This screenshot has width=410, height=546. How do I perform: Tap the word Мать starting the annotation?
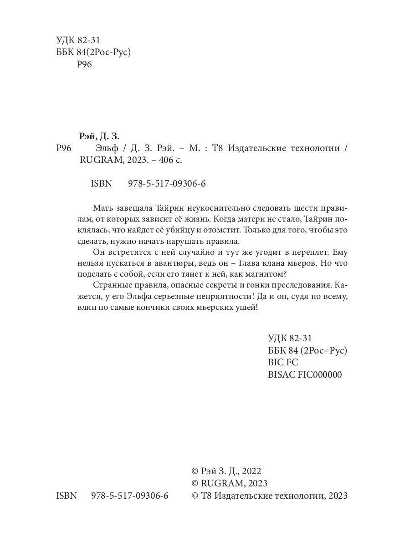(x=104, y=207)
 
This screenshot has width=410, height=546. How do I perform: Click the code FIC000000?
(x=319, y=374)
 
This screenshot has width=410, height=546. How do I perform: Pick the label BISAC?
(x=282, y=374)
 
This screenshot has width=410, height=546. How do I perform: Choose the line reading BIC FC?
(x=283, y=363)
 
